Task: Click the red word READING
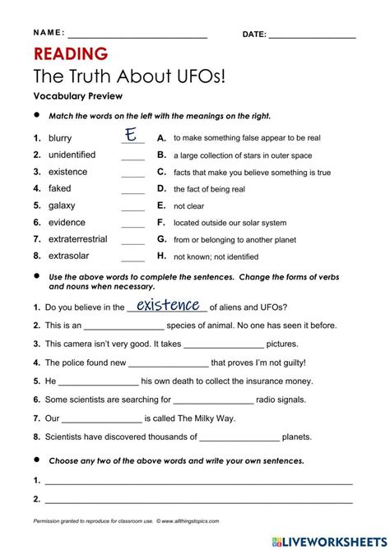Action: tap(71, 55)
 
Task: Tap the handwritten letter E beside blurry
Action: tap(130, 135)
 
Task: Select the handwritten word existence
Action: tap(169, 306)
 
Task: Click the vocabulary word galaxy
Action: tap(62, 206)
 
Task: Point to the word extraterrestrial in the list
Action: tap(78, 239)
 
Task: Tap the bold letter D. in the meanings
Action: tap(161, 189)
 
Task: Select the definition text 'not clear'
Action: tap(188, 206)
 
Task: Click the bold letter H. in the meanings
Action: tap(161, 257)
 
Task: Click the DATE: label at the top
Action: tap(253, 34)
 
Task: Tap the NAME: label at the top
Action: tap(49, 33)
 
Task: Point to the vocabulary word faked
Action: tap(60, 189)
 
